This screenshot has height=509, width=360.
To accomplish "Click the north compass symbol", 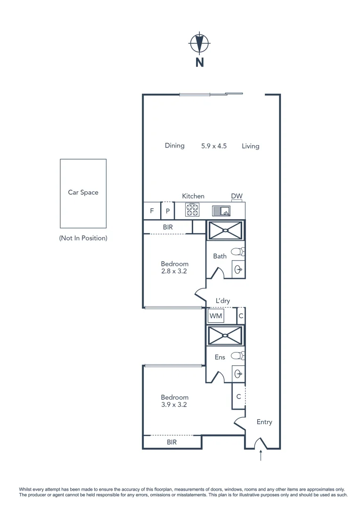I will click(199, 44).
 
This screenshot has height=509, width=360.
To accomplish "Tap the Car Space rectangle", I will click(83, 193).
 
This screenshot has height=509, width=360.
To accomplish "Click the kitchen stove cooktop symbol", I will click(192, 210).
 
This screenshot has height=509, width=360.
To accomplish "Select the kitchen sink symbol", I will click(221, 210).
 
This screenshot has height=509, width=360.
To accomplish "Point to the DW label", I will click(237, 196).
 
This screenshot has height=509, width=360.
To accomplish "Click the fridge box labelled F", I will click(152, 211).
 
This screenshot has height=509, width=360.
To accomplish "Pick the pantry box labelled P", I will click(167, 211).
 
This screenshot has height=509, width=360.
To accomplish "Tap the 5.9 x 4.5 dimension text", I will click(214, 146).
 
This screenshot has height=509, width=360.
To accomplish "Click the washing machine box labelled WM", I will click(215, 315).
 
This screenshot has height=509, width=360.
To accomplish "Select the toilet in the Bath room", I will click(239, 252).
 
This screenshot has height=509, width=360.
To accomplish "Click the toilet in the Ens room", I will click(239, 355).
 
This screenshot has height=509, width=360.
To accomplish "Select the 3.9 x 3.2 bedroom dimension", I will click(174, 404).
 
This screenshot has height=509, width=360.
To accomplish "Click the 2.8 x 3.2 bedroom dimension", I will click(174, 271).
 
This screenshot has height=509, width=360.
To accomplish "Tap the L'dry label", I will click(223, 301).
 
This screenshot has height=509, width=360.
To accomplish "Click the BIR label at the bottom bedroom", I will click(172, 443).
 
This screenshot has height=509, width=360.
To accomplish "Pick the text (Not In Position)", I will click(83, 238).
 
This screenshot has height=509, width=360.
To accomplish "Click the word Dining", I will click(174, 146).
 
